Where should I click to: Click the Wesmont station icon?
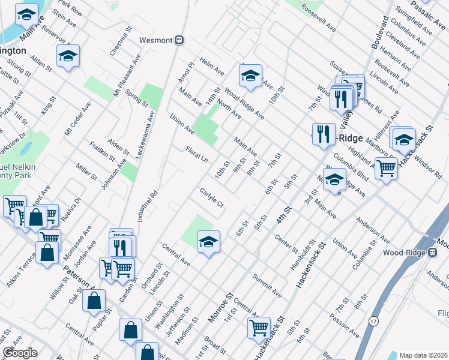(179, 40)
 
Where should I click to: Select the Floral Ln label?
(196, 154)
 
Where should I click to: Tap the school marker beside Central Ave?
(208, 241)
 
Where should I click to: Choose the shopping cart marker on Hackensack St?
(259, 328)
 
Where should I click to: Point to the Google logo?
(20, 353)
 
